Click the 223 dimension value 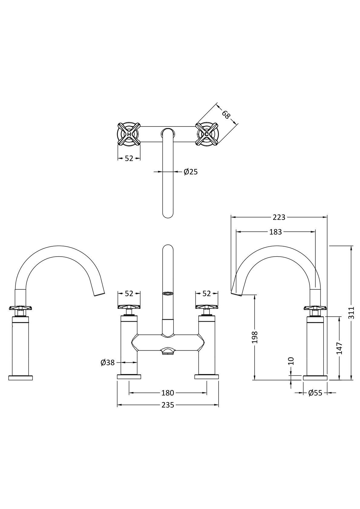[279, 217]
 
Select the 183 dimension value [275, 232]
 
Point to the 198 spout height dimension [255, 337]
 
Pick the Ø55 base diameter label [315, 393]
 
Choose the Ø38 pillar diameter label [108, 362]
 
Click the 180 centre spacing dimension [168, 393]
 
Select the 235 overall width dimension [168, 405]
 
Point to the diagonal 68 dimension [226, 115]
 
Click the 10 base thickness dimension [291, 361]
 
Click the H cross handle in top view [129, 134]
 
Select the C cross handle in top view [207, 134]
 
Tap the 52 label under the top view [129, 158]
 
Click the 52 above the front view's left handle [129, 293]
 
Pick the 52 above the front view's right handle [207, 293]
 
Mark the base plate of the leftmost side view [21, 378]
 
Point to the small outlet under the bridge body [168, 351]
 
